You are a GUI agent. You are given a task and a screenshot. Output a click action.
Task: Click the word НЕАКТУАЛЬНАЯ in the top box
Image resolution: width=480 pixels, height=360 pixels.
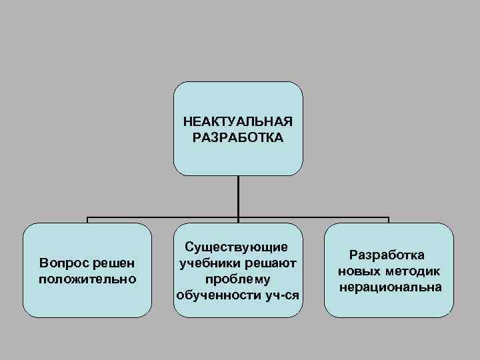238,123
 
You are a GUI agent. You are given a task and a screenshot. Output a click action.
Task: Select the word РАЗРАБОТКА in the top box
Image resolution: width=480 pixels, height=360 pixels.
238,138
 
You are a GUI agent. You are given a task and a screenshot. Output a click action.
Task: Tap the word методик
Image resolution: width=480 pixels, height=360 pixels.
413,271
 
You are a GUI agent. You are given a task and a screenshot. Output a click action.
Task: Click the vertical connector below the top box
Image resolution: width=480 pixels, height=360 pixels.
238,196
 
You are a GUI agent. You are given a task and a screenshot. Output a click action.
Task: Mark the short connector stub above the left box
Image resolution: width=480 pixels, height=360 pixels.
87,220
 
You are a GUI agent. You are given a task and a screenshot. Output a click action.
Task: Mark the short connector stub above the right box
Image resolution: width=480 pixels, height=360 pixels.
389,220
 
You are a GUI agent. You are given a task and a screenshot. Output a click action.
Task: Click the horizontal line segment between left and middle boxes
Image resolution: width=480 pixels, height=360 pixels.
163,217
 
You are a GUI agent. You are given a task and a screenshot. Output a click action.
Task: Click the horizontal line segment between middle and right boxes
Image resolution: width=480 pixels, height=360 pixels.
313,217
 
